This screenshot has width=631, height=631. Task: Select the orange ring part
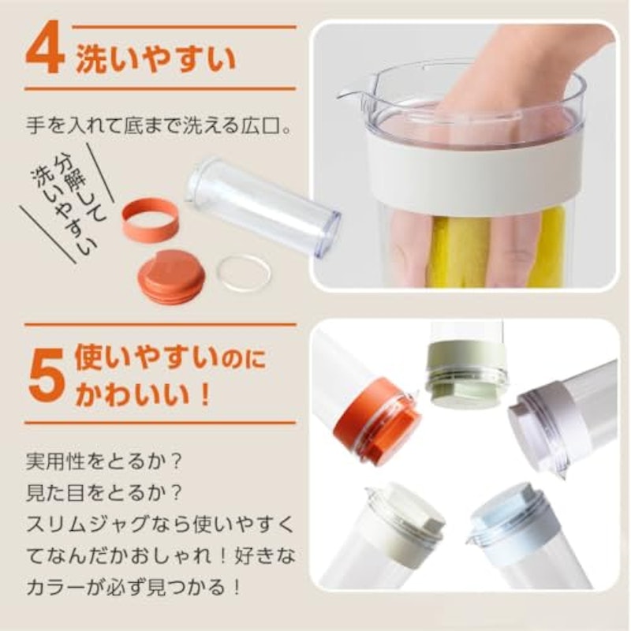coord(150,220)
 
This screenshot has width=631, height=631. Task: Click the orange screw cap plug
coord(171,276)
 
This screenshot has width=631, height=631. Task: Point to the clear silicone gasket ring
coord(244,273)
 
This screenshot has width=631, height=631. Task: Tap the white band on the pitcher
coord(474,168)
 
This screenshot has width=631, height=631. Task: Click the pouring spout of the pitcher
coord(349,95)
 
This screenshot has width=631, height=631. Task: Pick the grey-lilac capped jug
coord(563,419)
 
